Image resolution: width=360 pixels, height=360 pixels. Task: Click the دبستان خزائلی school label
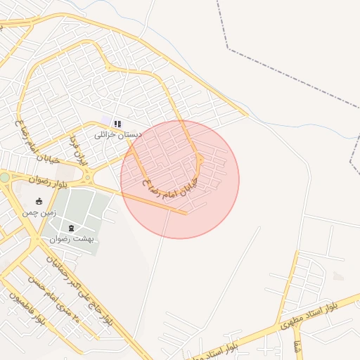[117, 134]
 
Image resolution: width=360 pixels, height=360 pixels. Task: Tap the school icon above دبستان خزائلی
[117, 124]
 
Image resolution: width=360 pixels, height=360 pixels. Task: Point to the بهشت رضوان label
[72, 238]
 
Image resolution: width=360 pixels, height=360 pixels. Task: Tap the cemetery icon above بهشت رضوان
[72, 227]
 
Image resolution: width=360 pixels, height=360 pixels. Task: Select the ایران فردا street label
[78, 150]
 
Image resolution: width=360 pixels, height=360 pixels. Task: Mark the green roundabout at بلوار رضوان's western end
[4, 178]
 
